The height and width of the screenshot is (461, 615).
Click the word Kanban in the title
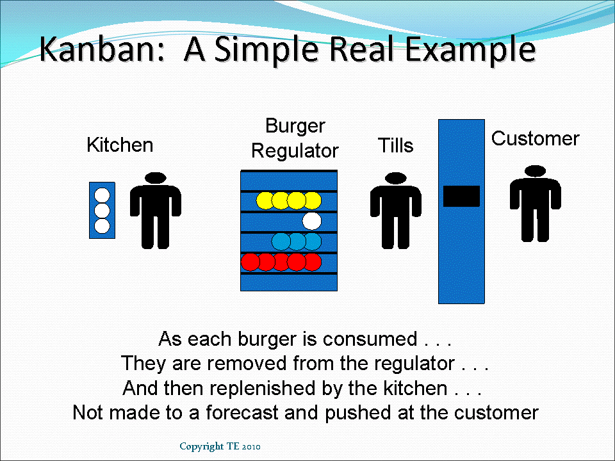pyautogui.click(x=105, y=50)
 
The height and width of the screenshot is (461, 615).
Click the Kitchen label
pyautogui.click(x=120, y=145)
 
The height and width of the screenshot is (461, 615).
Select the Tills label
pyautogui.click(x=395, y=146)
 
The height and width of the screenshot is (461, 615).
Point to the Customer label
pyautogui.click(x=535, y=139)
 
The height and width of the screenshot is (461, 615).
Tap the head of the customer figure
pyautogui.click(x=535, y=171)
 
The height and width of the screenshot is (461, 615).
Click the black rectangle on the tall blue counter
pyautogui.click(x=461, y=196)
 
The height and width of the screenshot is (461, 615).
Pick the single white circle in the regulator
pyautogui.click(x=311, y=222)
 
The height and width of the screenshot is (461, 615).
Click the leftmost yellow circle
pyautogui.click(x=265, y=200)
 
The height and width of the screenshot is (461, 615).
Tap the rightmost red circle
pyautogui.click(x=312, y=262)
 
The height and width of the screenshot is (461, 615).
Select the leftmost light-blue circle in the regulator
pyautogui.click(x=281, y=241)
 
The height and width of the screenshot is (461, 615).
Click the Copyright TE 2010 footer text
pyautogui.click(x=220, y=446)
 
